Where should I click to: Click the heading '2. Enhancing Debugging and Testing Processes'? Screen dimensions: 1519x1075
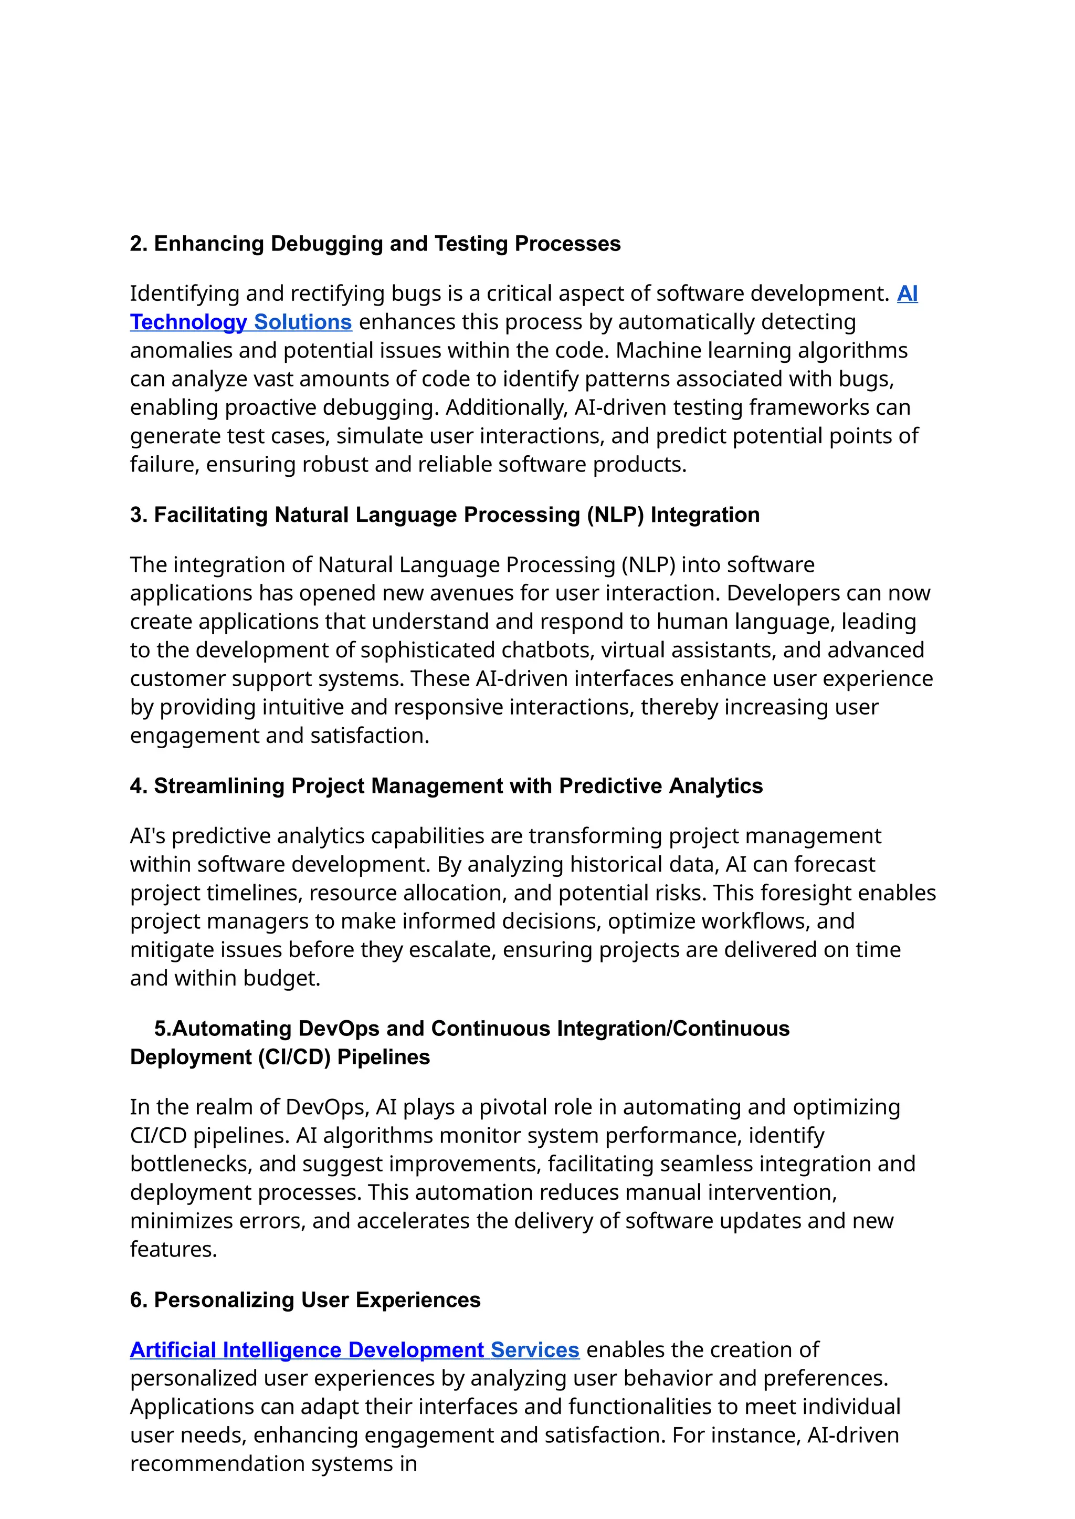point(375,244)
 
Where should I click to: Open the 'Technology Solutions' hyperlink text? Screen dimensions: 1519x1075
point(240,322)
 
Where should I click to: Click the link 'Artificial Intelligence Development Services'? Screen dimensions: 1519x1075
point(354,1349)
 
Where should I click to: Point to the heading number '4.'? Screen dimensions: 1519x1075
point(139,786)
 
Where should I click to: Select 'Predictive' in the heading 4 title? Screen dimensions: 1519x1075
point(610,786)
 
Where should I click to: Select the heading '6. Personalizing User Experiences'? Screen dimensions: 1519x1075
point(305,1300)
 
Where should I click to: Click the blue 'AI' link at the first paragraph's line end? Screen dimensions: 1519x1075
point(907,294)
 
